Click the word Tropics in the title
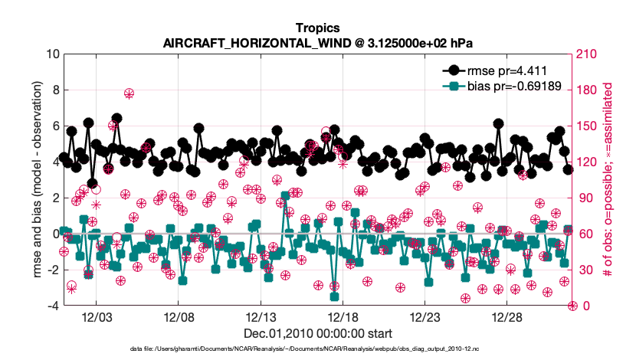tap(317, 28)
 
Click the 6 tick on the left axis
tap(56, 126)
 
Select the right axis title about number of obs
tap(608, 179)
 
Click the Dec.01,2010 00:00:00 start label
tap(317, 333)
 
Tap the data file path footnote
tap(317, 349)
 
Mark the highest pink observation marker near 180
tap(129, 93)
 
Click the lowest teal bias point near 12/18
tap(335, 296)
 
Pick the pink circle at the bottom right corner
tap(572, 306)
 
